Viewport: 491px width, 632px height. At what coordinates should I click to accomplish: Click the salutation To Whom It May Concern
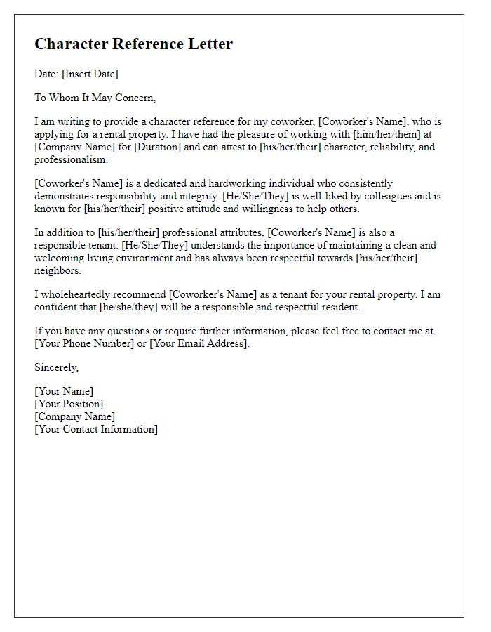(95, 98)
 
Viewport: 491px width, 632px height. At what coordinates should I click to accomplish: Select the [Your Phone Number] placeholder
(83, 344)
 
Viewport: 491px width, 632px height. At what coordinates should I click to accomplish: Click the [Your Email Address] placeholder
(199, 344)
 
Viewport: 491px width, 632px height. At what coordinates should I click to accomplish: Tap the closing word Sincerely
(57, 368)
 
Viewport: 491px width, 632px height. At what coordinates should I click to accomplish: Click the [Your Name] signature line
(64, 392)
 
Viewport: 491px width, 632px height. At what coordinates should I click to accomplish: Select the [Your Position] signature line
(69, 404)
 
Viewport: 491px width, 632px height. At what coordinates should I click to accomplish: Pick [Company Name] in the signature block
(75, 417)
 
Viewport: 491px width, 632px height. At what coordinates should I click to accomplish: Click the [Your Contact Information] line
(96, 430)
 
